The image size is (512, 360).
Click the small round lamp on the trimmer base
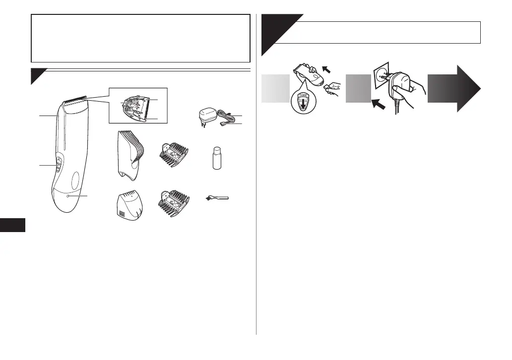pyautogui.click(x=68, y=196)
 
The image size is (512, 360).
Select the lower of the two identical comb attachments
pyautogui.click(x=174, y=204)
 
